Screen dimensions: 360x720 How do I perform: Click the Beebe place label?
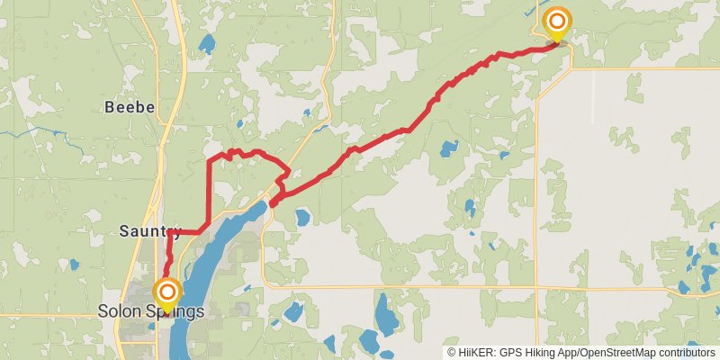[130, 107]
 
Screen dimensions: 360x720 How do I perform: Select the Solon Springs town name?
[150, 311]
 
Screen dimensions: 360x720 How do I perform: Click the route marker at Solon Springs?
[166, 293]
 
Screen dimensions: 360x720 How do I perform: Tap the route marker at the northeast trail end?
[558, 22]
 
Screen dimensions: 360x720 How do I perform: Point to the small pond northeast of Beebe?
[207, 43]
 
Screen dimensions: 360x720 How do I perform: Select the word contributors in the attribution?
[684, 352]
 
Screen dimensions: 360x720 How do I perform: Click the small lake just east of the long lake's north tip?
[302, 218]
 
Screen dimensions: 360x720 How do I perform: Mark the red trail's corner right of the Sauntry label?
[208, 231]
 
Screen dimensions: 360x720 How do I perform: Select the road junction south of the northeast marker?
[536, 68]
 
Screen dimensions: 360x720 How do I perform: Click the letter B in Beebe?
[110, 107]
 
